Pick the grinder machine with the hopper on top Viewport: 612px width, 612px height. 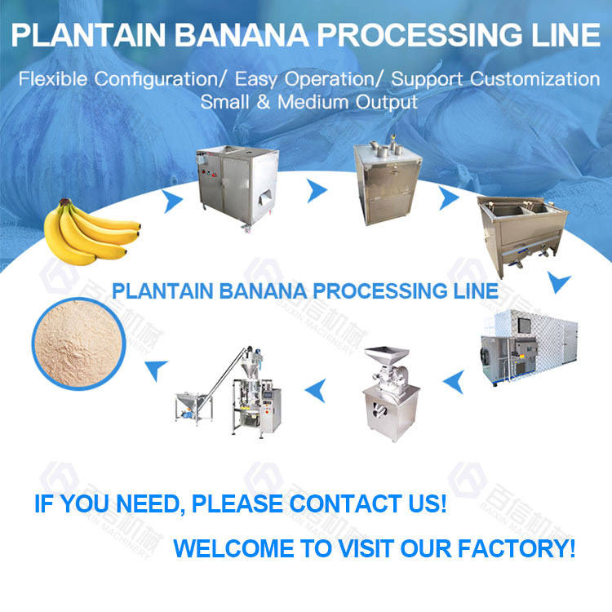[390, 383]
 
